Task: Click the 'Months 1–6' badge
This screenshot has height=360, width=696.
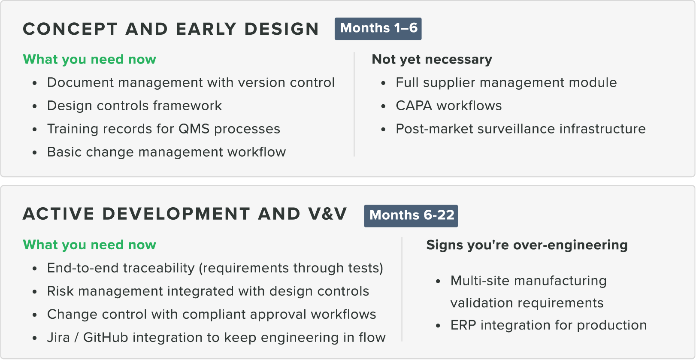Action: (x=378, y=29)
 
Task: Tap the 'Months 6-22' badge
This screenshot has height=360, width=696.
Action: (x=411, y=215)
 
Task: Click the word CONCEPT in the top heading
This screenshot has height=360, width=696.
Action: (x=70, y=29)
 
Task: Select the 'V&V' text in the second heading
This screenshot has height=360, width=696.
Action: (x=327, y=214)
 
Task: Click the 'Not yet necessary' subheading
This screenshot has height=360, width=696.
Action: (x=432, y=59)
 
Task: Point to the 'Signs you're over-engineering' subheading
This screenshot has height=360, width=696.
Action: (x=527, y=245)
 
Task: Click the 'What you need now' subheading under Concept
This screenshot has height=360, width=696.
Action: (x=90, y=59)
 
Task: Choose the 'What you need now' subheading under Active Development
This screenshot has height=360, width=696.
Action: (x=90, y=245)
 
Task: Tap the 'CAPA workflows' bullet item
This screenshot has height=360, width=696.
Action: (x=449, y=106)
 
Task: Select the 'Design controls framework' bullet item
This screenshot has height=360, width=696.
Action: (x=135, y=106)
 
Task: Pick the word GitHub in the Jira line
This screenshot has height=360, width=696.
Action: (x=106, y=338)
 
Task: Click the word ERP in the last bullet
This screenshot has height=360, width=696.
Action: (x=463, y=325)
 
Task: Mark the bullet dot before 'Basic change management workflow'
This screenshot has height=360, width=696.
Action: (x=34, y=152)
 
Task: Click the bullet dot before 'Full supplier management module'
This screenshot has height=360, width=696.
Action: (x=383, y=83)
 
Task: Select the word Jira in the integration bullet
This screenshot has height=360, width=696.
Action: (x=58, y=338)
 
